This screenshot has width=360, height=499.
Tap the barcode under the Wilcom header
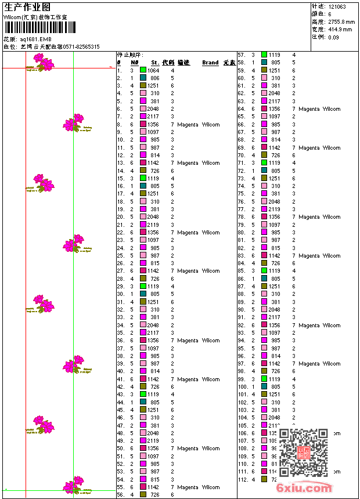[39, 28]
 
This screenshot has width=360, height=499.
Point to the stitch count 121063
[337, 7]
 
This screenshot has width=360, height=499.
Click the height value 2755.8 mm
[341, 22]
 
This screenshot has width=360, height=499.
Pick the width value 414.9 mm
[340, 30]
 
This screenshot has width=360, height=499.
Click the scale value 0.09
[333, 37]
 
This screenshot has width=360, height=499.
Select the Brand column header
[210, 63]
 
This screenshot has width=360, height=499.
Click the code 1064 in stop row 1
[153, 70]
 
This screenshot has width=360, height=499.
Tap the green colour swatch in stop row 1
[143, 70]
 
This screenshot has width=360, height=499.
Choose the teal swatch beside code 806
[143, 78]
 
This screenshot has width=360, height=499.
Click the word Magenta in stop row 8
[188, 124]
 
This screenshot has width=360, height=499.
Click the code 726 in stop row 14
[154, 171]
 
